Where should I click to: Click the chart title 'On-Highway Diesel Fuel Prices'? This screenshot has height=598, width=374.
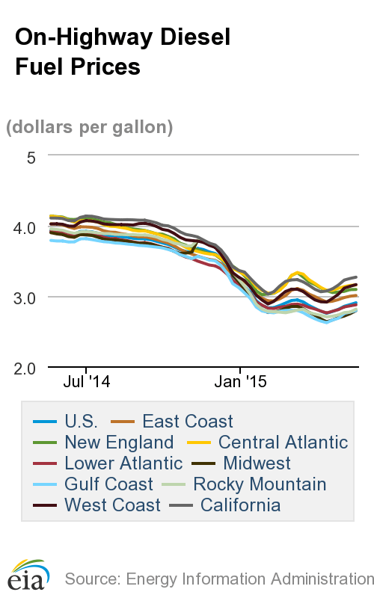tap(122, 52)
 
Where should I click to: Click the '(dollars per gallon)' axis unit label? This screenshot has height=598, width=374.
tap(90, 127)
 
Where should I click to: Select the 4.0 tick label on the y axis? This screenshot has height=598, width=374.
tap(28, 227)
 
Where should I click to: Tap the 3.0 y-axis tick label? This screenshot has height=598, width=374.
tap(28, 298)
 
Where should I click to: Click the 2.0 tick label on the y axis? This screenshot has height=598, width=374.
tap(28, 368)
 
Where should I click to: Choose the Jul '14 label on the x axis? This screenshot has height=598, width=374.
tap(87, 382)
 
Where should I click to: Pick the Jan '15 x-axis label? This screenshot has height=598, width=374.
tap(240, 382)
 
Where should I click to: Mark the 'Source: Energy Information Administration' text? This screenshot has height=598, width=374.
tap(218, 579)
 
